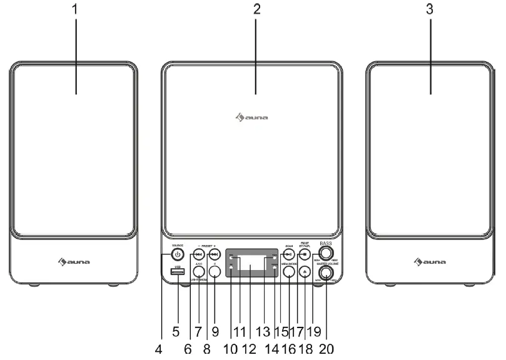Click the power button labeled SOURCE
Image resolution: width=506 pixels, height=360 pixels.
point(178,254)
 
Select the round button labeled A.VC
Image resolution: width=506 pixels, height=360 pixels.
point(198,271)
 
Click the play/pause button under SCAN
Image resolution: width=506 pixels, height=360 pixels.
point(288,254)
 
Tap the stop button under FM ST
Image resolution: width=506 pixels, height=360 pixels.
point(305,254)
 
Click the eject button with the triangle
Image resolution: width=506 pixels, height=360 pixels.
point(305,271)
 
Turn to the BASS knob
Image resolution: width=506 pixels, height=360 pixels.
point(324,254)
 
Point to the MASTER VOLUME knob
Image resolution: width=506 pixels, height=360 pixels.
point(325,272)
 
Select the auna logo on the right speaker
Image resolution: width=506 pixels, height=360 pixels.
point(431,261)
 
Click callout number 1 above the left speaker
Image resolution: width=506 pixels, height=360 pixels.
point(76,11)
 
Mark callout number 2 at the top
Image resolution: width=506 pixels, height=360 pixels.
point(256,11)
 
